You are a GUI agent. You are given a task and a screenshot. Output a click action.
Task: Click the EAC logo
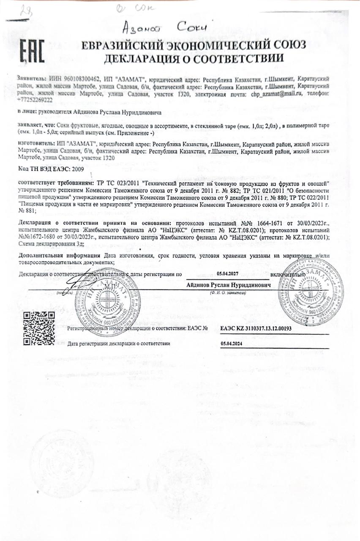coord(32,52)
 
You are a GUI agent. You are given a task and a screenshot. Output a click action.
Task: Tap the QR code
coord(39,328)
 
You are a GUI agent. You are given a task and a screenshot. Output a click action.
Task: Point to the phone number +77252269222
coord(35,100)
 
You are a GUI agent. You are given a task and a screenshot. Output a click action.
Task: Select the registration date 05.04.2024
coord(230,344)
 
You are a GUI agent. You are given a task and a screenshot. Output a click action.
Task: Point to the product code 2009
coord(78,169)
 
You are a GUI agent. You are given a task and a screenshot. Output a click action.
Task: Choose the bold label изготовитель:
coord(35,144)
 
